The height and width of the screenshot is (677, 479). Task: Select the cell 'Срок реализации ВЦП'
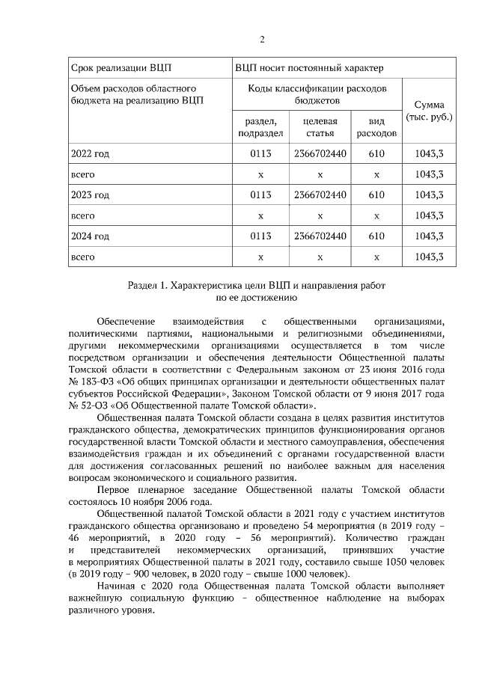(113, 67)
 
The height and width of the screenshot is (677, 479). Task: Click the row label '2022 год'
(90, 153)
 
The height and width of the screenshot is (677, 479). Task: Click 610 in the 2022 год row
(376, 153)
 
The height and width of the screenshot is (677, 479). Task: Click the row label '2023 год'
(90, 194)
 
